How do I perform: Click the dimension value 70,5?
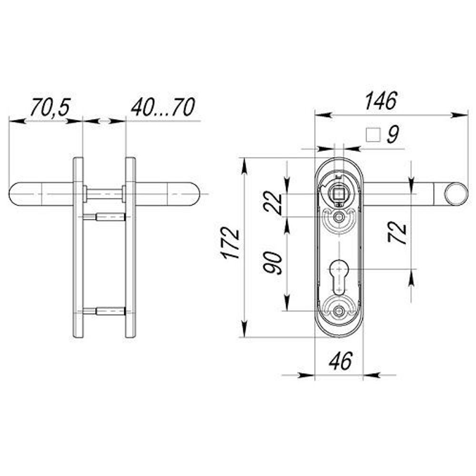click(50, 107)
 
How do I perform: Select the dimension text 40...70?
click(163, 107)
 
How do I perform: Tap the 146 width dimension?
click(381, 100)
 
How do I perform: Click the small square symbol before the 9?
click(373, 135)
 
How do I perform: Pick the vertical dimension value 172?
click(230, 244)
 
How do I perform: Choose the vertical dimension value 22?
click(273, 202)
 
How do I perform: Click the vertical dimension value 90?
click(273, 263)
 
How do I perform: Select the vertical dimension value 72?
click(397, 233)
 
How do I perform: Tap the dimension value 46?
click(341, 361)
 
